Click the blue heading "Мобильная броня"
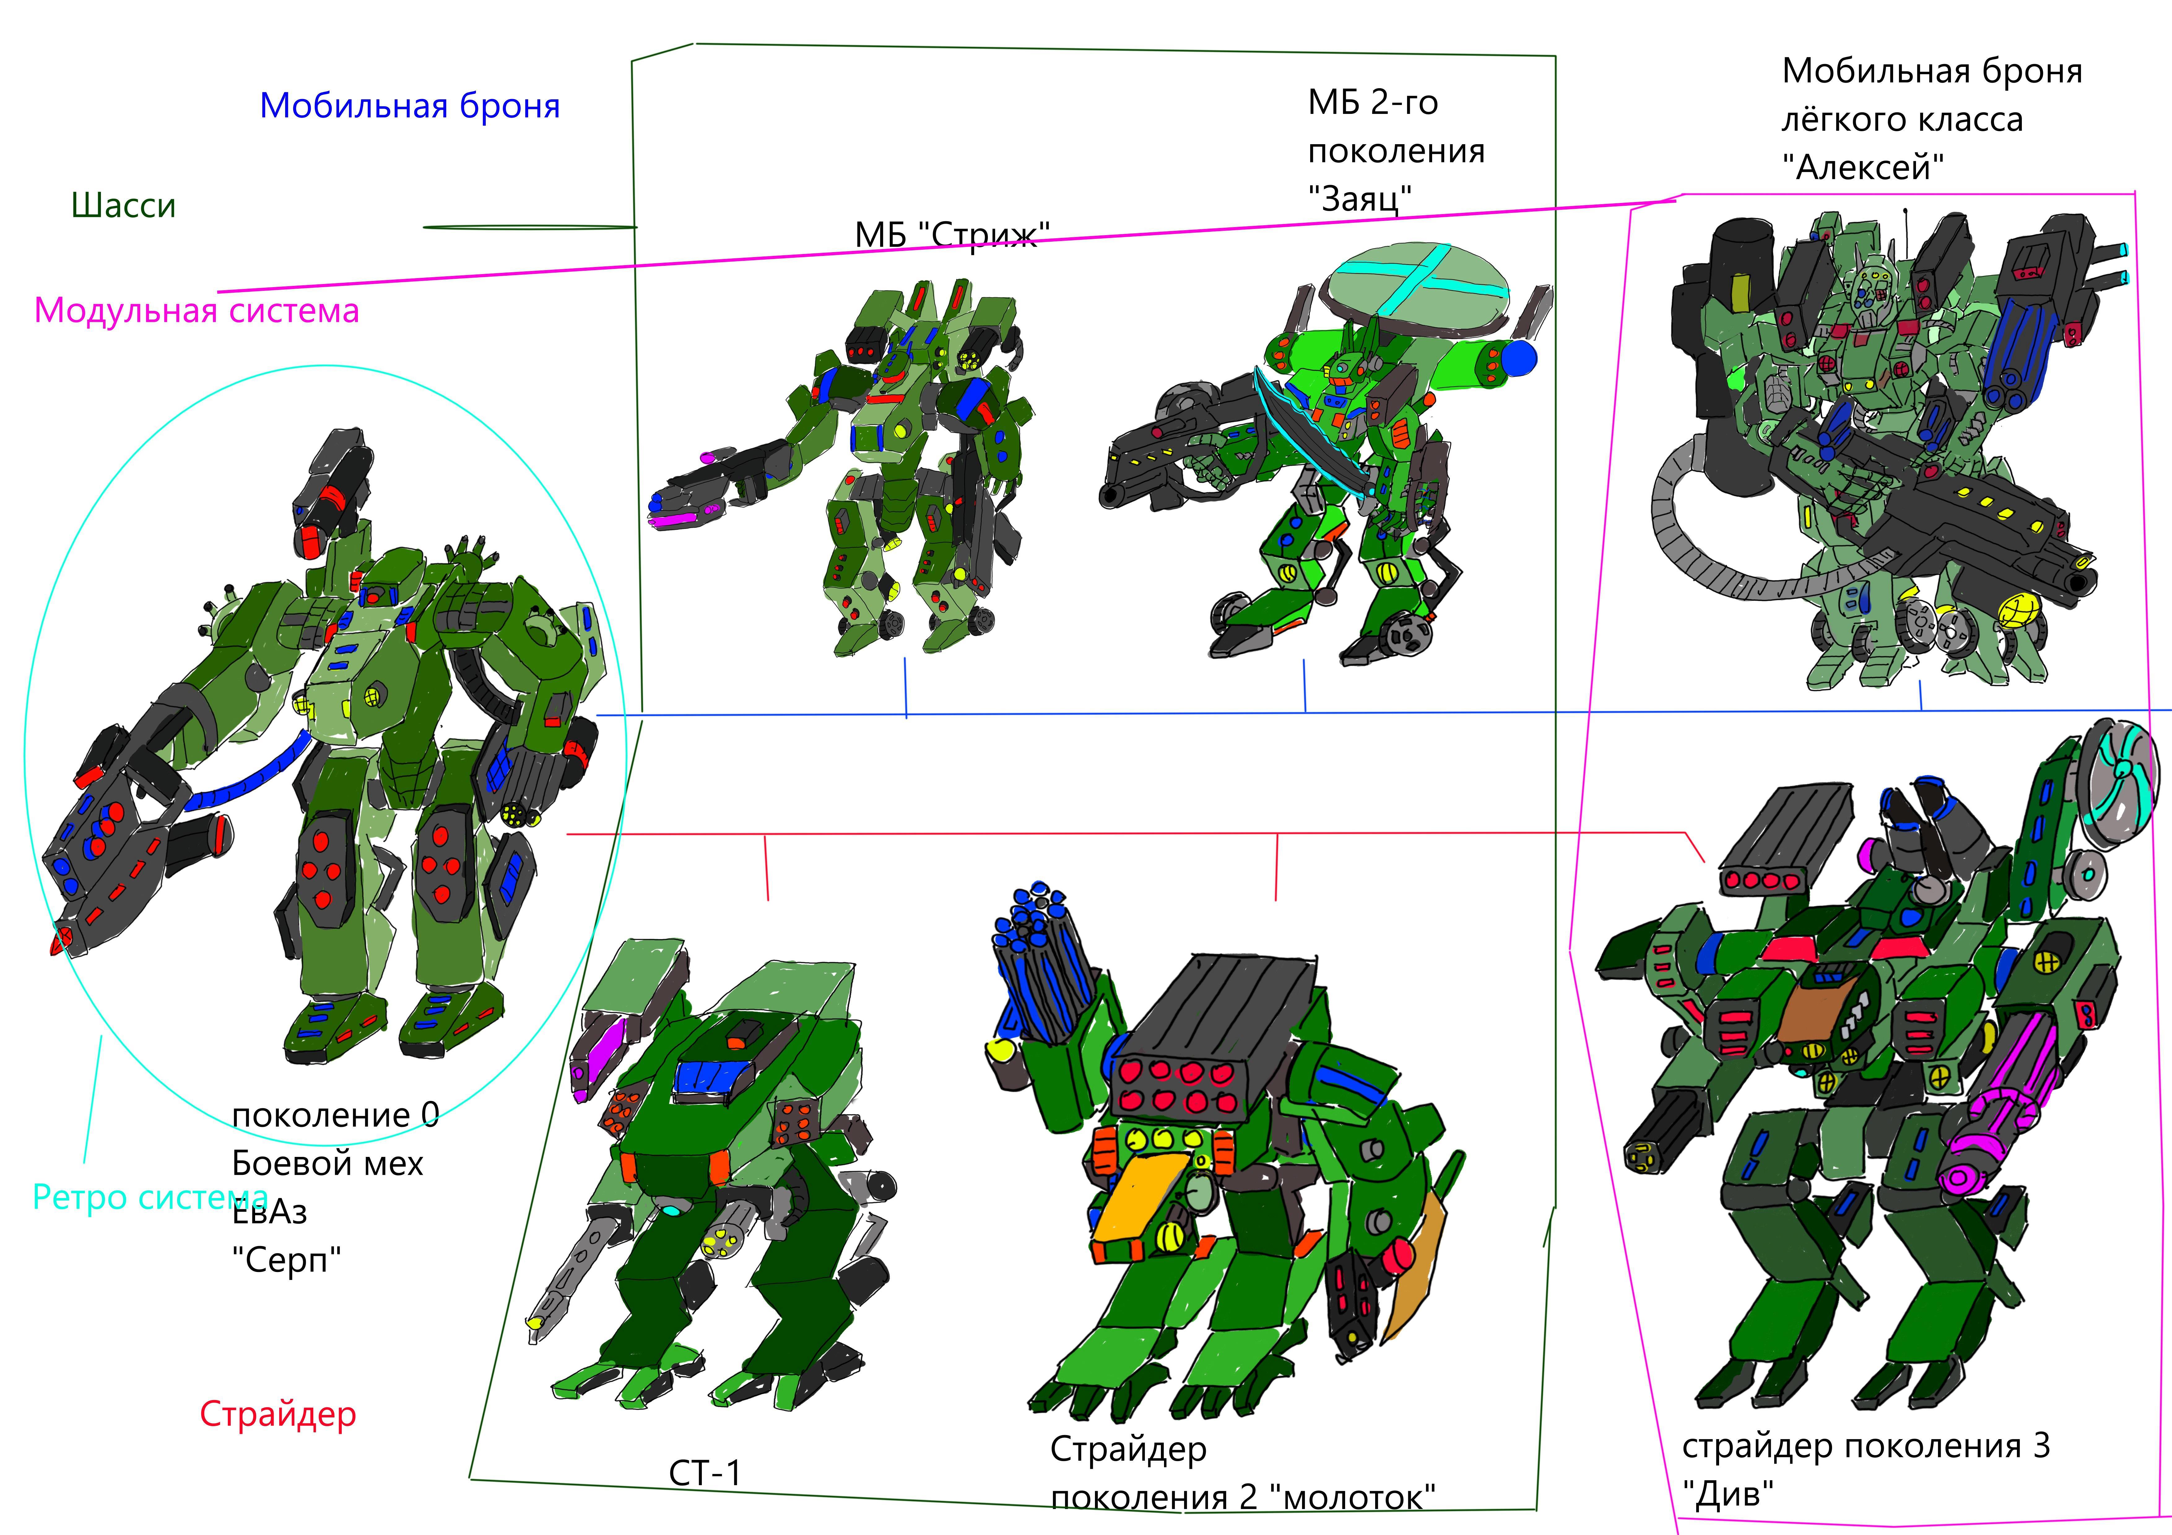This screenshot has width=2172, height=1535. coord(410,106)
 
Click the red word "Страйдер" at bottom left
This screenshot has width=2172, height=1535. coord(278,1414)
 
